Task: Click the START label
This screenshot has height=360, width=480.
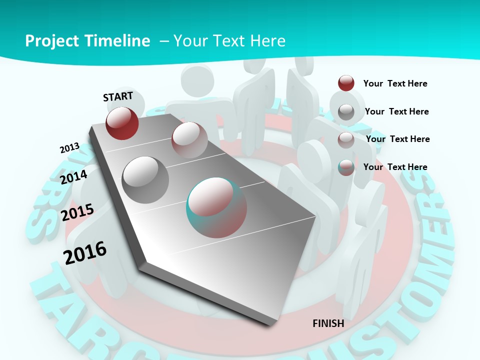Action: pos(118,96)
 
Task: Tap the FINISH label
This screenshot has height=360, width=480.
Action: pos(328,323)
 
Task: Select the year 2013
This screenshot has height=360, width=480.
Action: pos(69,148)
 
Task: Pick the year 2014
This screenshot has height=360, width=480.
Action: pos(73,177)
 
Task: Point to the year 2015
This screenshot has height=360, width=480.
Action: pos(77,212)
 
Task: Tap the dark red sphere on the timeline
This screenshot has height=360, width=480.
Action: pos(122,123)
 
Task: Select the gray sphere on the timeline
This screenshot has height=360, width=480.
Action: pos(145,179)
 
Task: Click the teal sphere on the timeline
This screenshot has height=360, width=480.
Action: pos(216,207)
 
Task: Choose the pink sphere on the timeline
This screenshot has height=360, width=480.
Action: pos(189,140)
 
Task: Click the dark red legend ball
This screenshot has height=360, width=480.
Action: pos(346,83)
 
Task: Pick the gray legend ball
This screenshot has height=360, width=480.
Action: pos(346,111)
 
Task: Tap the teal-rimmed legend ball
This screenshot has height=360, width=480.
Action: pos(346,167)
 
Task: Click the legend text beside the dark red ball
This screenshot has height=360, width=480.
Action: pos(395,83)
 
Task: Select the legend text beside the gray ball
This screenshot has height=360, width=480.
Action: pos(396,111)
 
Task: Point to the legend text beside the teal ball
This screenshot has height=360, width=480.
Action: pos(395,167)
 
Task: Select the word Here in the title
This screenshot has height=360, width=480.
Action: pos(268,40)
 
